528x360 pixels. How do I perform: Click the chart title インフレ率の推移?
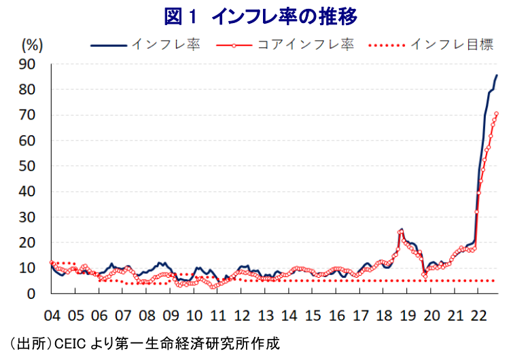coord(285,16)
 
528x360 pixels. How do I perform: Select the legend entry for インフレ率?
coord(146,44)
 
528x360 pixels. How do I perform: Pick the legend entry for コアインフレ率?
coord(285,44)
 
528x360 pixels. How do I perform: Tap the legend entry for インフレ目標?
coord(431,44)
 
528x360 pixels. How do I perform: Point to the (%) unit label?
coord(33,45)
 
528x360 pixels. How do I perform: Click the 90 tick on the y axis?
coord(27,64)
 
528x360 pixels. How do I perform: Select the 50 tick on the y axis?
coord(27,166)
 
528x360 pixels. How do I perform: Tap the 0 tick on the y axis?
coord(31,293)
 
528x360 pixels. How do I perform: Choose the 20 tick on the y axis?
coord(27,242)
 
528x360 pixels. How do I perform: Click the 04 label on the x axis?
coord(52,316)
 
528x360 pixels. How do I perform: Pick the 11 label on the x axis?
coord(218,316)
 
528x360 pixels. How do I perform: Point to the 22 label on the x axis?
coord(478,316)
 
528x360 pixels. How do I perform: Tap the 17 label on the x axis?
coord(360,316)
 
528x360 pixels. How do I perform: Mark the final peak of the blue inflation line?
coord(497,75)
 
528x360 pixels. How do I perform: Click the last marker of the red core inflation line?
coord(496,113)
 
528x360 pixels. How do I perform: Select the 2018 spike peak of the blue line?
coord(402,230)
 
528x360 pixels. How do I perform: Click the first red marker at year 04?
coord(52,262)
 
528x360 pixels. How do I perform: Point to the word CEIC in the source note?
coord(70,344)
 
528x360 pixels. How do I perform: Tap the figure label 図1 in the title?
coord(180,16)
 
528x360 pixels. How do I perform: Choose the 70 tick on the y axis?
coord(27,115)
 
